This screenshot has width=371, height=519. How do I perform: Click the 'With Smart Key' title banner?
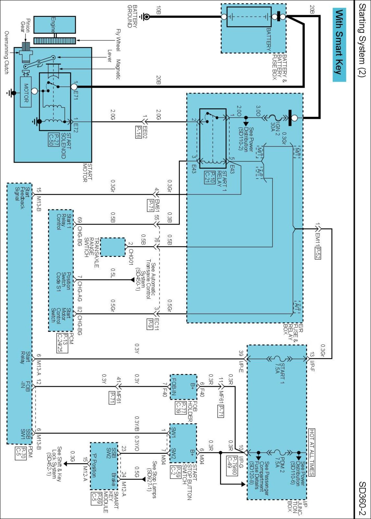tap(339, 45)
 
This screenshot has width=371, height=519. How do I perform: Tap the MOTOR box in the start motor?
tap(26, 92)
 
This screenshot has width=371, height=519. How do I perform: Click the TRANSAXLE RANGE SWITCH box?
tap(113, 247)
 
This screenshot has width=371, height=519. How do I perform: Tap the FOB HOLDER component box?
tap(183, 387)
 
